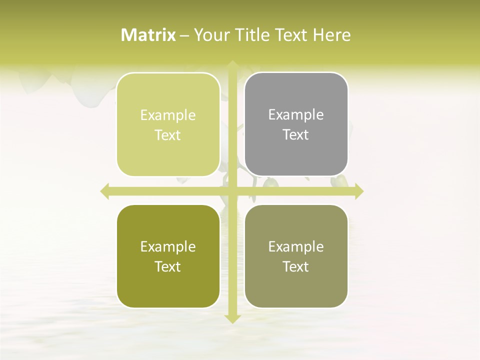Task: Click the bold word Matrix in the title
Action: coord(148,35)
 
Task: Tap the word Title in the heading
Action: coord(250,35)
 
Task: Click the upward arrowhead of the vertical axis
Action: coord(232,65)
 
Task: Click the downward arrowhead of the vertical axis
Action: coord(232,318)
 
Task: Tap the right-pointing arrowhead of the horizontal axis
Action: coord(358,191)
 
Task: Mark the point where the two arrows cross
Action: coord(232,191)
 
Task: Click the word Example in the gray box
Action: coord(296,115)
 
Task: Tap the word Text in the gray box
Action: coord(296,135)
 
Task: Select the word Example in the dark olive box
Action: coord(168,247)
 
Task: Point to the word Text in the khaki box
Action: coord(296,267)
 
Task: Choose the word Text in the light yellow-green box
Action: coord(168,135)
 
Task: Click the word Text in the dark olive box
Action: coord(168,267)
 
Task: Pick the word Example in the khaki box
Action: coord(296,247)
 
